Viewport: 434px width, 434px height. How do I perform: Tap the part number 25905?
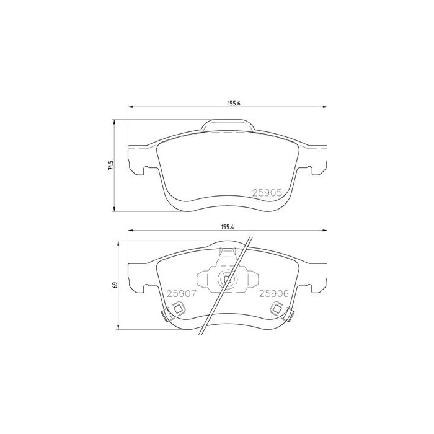(267, 193)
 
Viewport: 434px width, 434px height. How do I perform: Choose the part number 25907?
(180, 294)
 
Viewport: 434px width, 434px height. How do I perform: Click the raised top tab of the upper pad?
(228, 126)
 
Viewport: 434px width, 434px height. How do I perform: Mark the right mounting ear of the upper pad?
(316, 161)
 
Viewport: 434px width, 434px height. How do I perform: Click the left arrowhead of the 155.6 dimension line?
(130, 108)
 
